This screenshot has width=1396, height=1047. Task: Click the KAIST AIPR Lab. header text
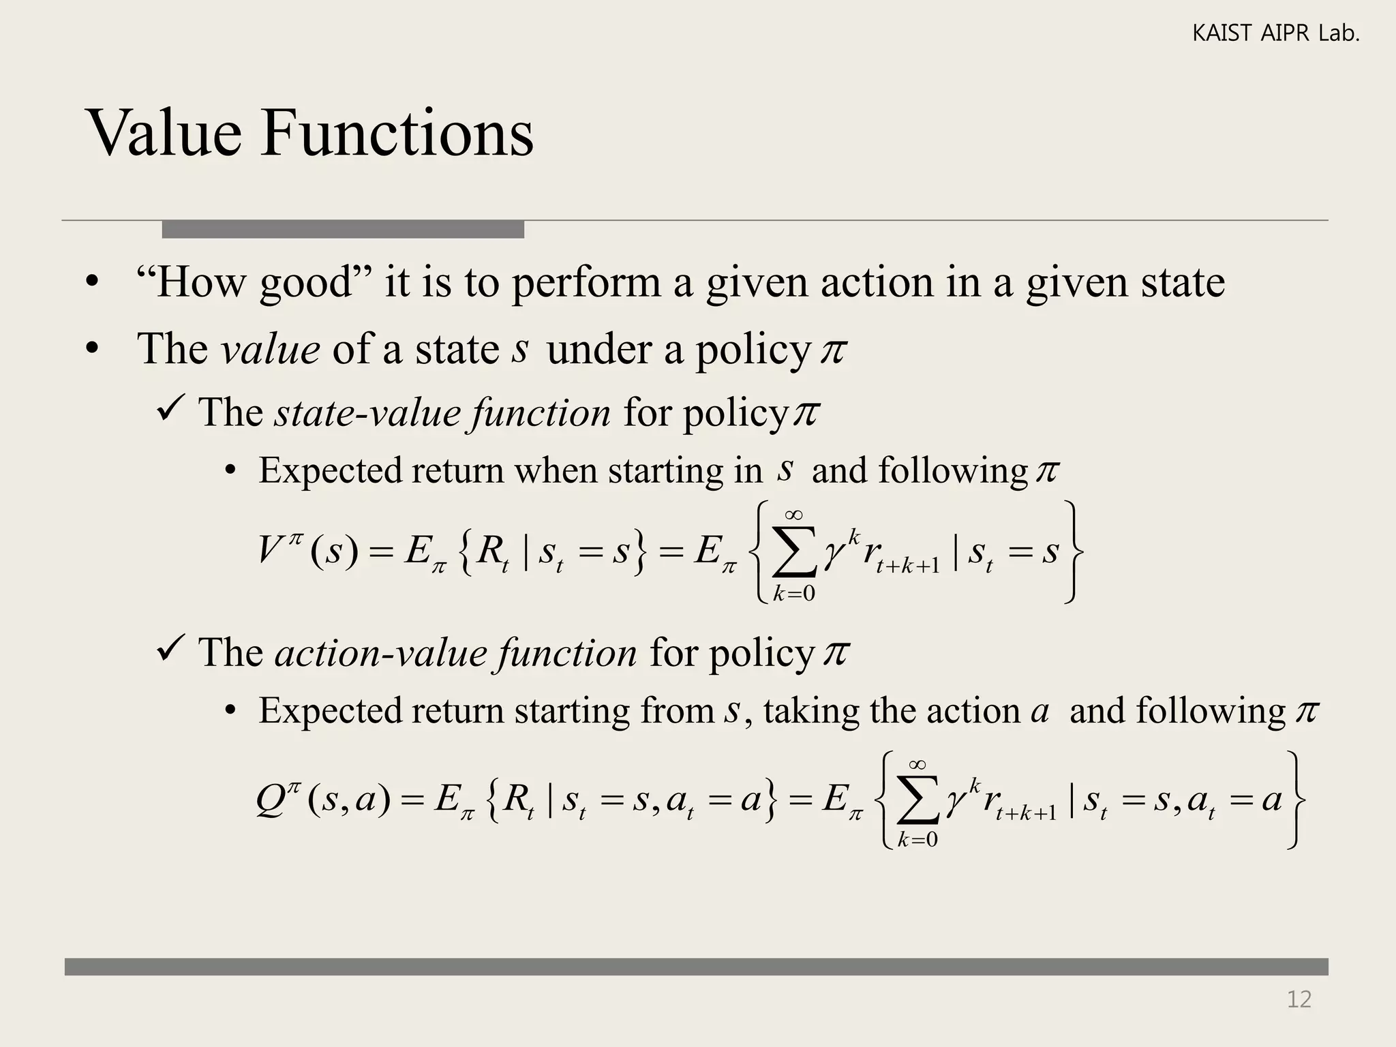1275,33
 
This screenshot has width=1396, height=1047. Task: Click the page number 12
1299,999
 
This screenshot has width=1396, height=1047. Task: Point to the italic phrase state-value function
442,412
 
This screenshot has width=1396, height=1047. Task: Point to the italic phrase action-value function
455,652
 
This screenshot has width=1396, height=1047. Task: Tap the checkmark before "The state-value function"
168,410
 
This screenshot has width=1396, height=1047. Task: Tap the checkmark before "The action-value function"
168,650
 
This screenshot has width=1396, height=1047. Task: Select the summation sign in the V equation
794,552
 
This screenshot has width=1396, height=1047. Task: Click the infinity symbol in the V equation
793,515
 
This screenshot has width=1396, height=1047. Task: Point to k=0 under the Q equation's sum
917,840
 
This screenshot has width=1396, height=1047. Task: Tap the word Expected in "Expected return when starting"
330,470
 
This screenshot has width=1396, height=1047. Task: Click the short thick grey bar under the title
343,229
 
